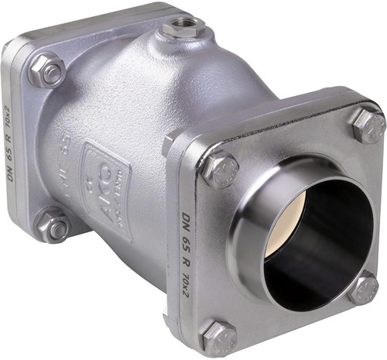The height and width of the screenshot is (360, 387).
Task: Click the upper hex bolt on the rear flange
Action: coord(49,71)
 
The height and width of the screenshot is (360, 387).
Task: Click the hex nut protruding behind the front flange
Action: coord(169,144)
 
